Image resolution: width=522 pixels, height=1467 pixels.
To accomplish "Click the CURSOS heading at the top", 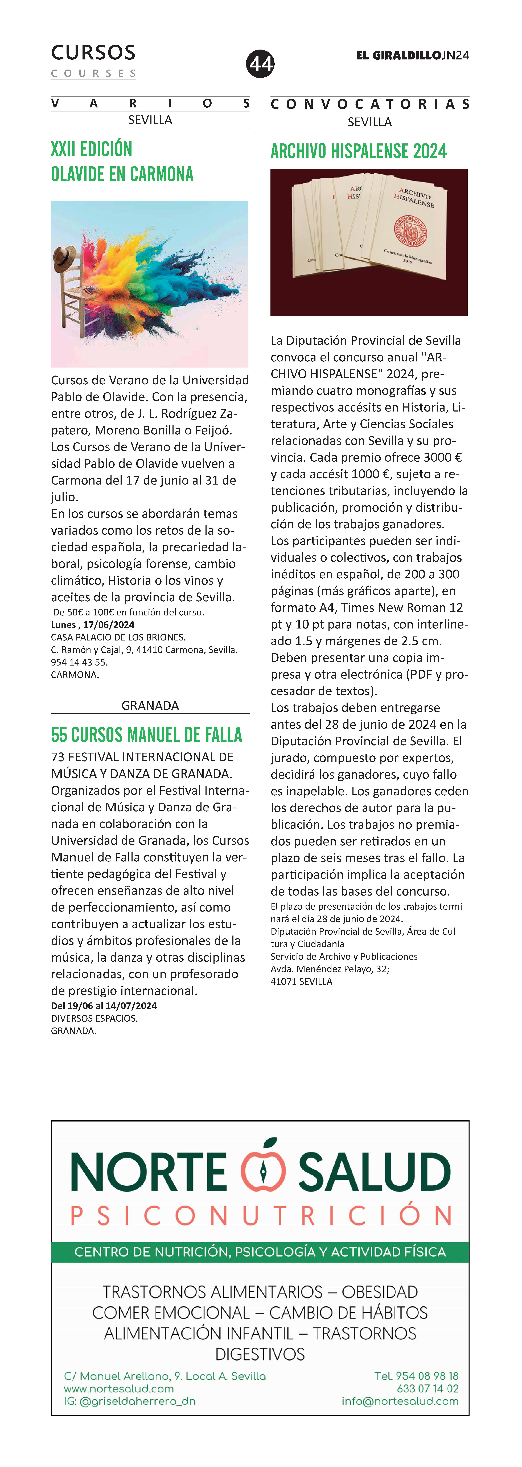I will tap(93, 53).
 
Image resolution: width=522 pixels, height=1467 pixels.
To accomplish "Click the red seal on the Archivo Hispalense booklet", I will tap(410, 231).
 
